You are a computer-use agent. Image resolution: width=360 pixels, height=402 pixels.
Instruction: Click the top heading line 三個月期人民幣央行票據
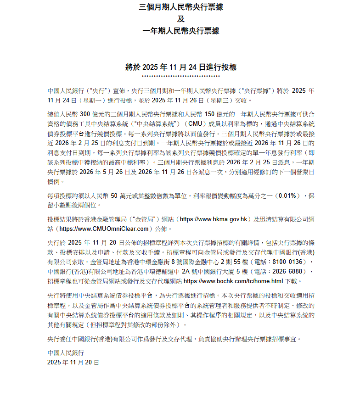click(180, 7)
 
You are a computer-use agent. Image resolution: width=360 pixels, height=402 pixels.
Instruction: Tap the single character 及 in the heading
click(180, 19)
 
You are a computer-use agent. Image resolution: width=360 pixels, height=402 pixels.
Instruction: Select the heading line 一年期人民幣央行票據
click(180, 31)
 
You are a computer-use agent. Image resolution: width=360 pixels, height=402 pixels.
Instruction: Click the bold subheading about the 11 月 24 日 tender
click(180, 67)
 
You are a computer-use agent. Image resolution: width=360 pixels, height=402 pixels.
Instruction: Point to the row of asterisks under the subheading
click(180, 77)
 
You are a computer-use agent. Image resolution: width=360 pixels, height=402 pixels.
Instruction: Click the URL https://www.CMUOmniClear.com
click(104, 228)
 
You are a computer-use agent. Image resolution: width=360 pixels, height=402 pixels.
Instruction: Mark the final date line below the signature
click(73, 362)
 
